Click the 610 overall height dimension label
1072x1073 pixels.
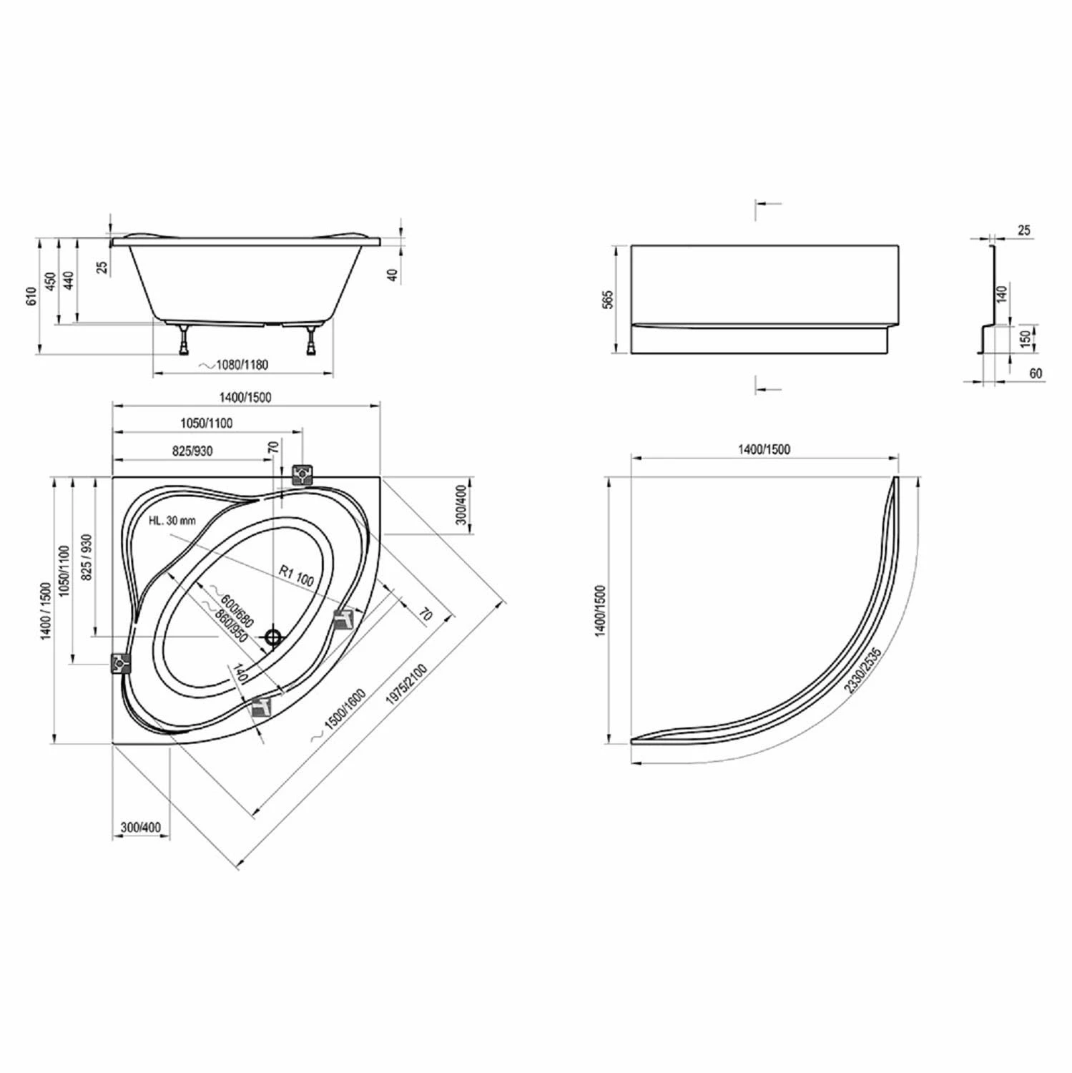(30, 296)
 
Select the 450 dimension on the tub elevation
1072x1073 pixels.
(50, 283)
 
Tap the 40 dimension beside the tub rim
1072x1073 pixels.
(392, 274)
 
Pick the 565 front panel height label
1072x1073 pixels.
(608, 300)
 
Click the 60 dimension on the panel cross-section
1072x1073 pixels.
(1036, 373)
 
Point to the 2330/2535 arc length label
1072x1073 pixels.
(862, 670)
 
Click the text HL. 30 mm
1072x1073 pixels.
(172, 521)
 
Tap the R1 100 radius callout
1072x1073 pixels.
(296, 576)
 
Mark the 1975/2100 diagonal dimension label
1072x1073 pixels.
(405, 687)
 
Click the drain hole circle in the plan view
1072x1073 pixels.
(273, 636)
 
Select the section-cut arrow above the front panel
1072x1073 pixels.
(767, 205)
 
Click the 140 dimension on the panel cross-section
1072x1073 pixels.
(1001, 293)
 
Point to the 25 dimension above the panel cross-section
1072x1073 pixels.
(1023, 230)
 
